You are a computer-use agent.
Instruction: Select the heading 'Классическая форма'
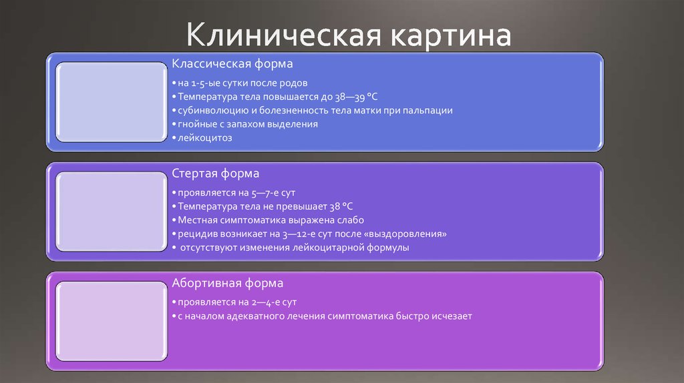tap(232, 64)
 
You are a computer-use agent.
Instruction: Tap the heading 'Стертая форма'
tap(216, 173)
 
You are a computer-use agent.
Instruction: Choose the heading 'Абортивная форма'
tap(228, 283)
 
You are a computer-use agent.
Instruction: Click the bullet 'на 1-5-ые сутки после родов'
tap(239, 83)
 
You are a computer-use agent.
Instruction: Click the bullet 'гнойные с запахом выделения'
tap(244, 124)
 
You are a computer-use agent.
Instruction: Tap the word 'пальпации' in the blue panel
tap(431, 111)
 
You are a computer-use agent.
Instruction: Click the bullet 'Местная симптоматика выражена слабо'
tap(267, 220)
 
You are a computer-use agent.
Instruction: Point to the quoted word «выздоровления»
tap(409, 234)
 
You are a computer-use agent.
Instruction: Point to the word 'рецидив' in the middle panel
tap(192, 234)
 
